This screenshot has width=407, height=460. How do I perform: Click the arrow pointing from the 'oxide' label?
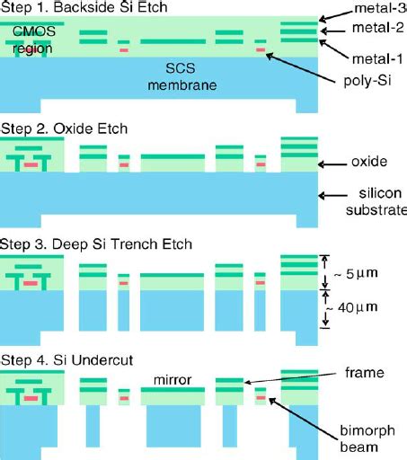[x=333, y=164]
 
